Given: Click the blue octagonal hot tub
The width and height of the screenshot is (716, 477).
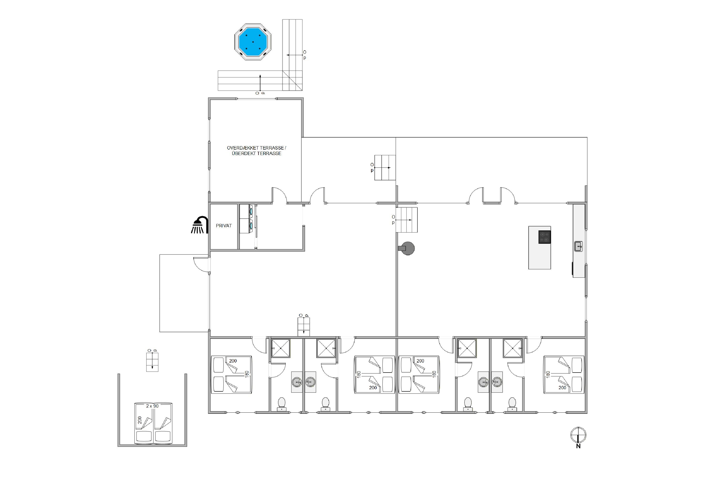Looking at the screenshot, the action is [253, 42].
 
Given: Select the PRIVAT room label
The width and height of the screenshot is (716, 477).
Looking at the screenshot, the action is [224, 226].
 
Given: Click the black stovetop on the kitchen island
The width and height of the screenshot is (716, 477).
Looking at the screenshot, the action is [545, 237].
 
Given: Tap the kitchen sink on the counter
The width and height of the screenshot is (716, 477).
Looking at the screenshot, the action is [578, 246].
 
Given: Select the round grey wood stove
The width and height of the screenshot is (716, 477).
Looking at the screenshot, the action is [407, 248].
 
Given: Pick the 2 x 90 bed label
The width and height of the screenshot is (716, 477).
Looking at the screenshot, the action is [152, 406].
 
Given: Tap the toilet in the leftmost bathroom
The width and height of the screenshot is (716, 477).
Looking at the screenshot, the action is [281, 404].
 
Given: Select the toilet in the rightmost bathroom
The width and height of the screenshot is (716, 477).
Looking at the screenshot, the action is [512, 404].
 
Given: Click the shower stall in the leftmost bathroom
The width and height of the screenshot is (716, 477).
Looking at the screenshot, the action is [281, 348].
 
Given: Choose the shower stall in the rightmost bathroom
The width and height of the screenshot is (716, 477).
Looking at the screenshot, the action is [513, 348].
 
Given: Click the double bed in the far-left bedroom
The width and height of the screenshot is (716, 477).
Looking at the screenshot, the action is [231, 375].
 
